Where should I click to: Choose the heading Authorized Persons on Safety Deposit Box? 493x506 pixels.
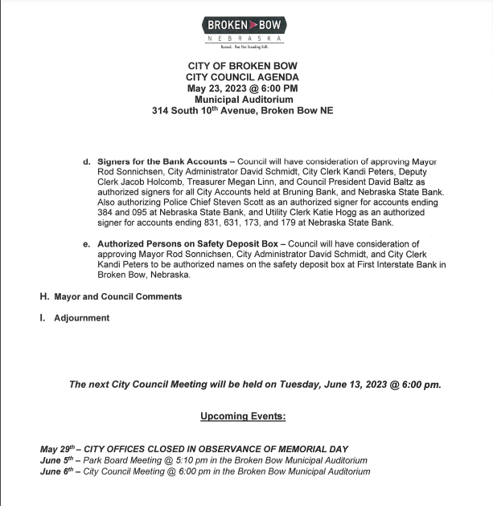(188, 243)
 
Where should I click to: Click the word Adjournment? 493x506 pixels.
(81, 318)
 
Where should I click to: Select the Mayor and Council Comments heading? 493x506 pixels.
(117, 296)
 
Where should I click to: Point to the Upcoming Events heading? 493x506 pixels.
(242, 416)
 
